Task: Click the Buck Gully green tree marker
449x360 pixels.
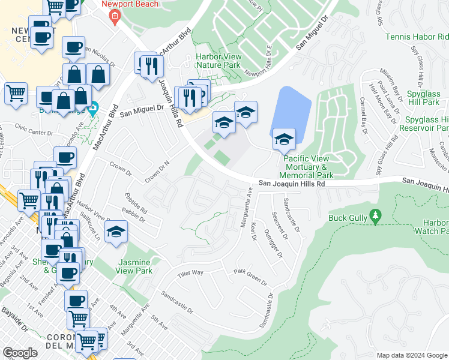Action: point(376,215)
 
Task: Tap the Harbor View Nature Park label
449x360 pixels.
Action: point(218,61)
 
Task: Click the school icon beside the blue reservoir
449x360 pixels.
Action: point(284,140)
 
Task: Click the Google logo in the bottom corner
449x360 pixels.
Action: point(20,353)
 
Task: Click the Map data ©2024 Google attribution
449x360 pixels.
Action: point(412,355)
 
